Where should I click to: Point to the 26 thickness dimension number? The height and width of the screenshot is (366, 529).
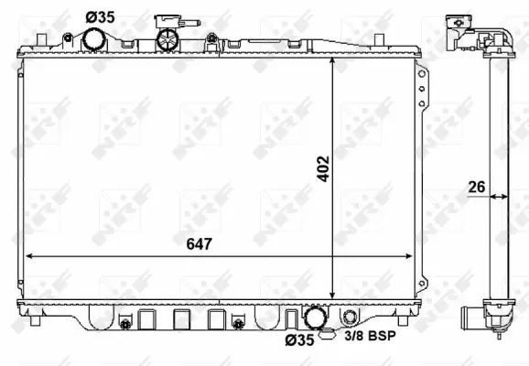point(475,188)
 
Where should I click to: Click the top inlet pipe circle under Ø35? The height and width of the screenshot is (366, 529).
point(93,40)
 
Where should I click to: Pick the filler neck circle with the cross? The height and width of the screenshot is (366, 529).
point(167,39)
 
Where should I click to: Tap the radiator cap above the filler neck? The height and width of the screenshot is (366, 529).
point(169,21)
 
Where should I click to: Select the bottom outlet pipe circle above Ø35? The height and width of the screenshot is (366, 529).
point(314,318)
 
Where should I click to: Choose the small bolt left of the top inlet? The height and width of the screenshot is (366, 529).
point(67,38)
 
